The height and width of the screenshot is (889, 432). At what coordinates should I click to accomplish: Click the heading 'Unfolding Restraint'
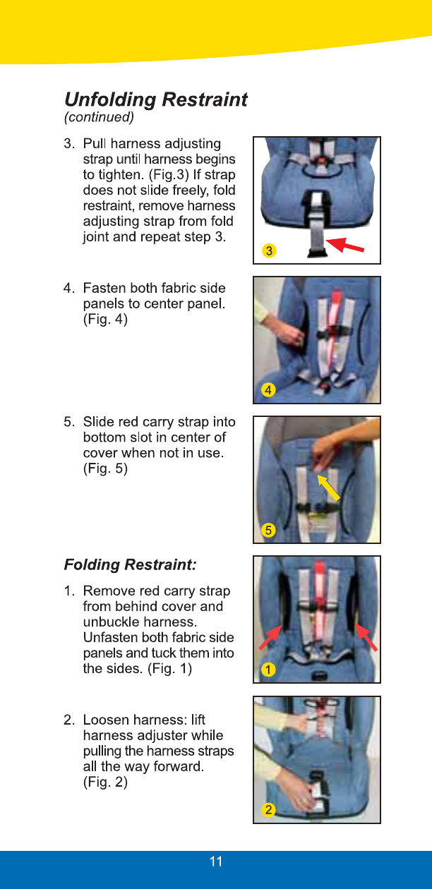pyautogui.click(x=155, y=99)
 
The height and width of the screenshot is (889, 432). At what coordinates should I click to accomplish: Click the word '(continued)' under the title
pyautogui.click(x=99, y=117)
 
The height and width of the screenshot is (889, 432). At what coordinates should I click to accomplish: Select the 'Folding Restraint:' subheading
pyautogui.click(x=130, y=564)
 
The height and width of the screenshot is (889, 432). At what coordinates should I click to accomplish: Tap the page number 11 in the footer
pyautogui.click(x=216, y=861)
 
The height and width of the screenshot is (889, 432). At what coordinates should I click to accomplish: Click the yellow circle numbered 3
pyautogui.click(x=269, y=251)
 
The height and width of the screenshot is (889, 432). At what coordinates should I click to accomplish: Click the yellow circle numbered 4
pyautogui.click(x=268, y=390)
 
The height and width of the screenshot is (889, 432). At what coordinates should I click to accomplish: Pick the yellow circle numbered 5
pyautogui.click(x=268, y=530)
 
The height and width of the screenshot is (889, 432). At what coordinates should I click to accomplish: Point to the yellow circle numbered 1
pyautogui.click(x=268, y=670)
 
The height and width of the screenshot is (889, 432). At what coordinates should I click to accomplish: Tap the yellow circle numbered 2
pyautogui.click(x=268, y=809)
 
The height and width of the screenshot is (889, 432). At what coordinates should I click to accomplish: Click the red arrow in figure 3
pyautogui.click(x=344, y=244)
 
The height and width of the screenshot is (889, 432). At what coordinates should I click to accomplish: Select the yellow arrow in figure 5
pyautogui.click(x=328, y=488)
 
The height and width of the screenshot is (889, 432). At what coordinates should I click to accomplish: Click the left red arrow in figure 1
pyautogui.click(x=271, y=637)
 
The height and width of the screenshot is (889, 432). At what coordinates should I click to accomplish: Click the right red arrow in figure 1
pyautogui.click(x=366, y=636)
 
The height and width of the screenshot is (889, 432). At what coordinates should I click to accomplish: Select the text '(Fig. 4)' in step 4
pyautogui.click(x=105, y=319)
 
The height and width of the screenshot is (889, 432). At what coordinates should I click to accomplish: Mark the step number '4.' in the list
pyautogui.click(x=69, y=288)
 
